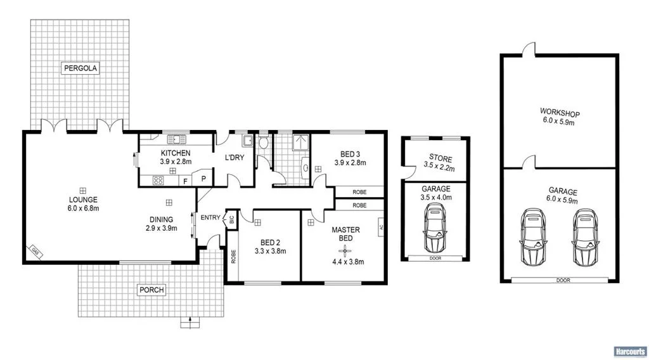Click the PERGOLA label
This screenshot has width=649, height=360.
click(x=80, y=68)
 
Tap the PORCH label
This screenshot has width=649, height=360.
click(x=151, y=290)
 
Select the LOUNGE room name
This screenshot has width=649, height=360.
click(x=83, y=199)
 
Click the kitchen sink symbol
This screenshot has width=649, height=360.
click(x=176, y=139)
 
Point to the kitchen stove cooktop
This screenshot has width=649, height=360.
click(x=158, y=180)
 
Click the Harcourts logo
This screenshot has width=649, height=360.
click(x=629, y=350)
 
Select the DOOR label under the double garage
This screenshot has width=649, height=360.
click(x=562, y=280)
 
